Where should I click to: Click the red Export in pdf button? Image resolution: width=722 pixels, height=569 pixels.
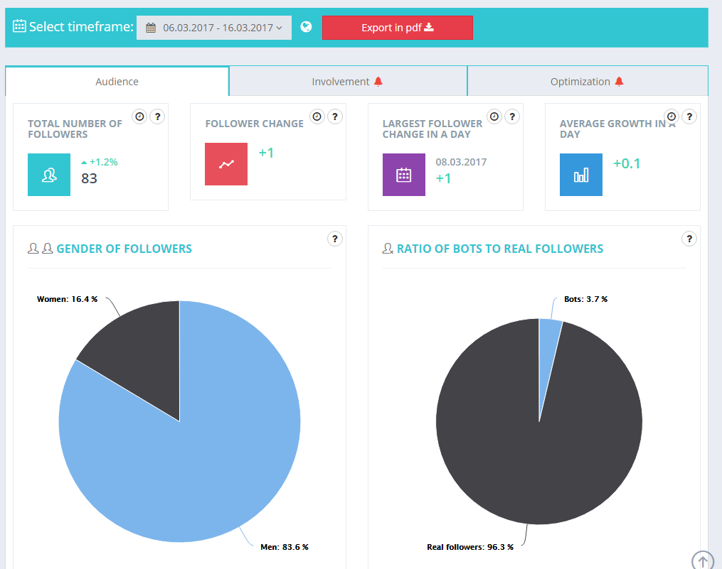coord(397,28)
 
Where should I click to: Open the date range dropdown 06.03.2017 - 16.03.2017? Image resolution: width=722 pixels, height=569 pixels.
coord(214,28)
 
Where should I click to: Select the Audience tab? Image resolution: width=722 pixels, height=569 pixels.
coord(117,82)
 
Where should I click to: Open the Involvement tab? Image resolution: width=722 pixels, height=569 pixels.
coord(347,82)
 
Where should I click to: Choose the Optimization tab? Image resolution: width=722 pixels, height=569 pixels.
coord(587,82)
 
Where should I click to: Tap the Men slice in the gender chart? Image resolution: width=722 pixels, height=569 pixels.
coord(199,462)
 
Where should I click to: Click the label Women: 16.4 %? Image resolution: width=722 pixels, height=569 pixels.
coord(68,299)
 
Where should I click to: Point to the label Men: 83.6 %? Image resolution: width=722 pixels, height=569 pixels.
coord(285,547)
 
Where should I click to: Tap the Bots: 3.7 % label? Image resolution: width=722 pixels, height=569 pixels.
coord(585,299)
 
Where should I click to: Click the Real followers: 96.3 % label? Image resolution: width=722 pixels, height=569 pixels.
coord(469,547)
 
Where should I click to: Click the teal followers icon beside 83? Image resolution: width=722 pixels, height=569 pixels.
coord(49,175)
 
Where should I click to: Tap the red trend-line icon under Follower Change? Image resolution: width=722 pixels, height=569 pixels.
coord(226,164)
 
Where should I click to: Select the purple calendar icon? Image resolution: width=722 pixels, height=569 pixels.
coord(404,175)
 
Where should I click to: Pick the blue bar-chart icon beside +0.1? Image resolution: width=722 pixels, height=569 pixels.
coord(581,175)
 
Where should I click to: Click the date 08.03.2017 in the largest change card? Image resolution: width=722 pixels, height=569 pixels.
coord(461,162)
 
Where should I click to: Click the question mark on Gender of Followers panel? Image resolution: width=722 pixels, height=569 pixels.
coord(334,239)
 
